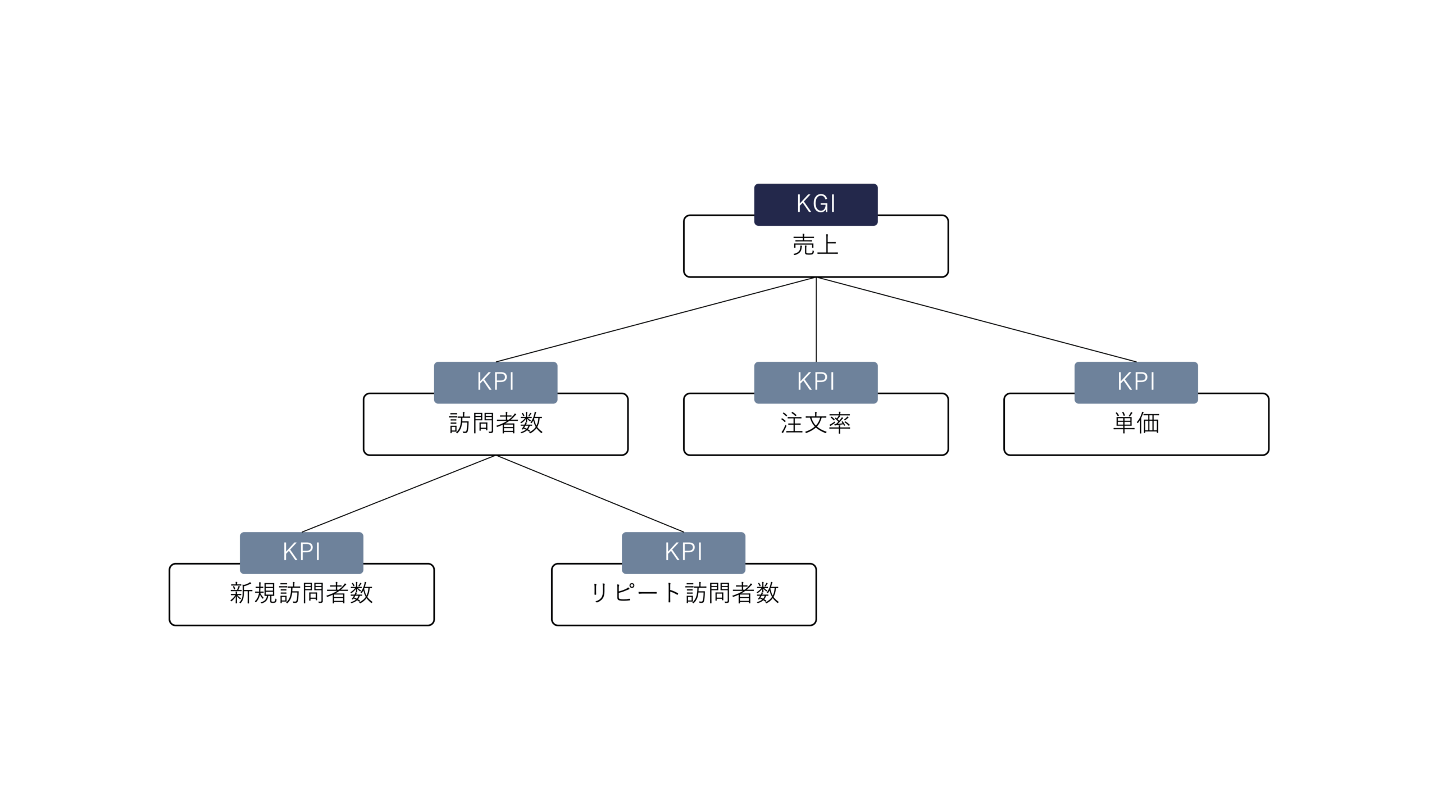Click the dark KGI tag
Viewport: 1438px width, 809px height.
pyautogui.click(x=816, y=204)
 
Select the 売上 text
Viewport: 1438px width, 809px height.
pyautogui.click(x=816, y=246)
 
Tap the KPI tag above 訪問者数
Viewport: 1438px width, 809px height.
pyautogui.click(x=495, y=382)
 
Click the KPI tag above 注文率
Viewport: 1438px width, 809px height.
pyautogui.click(x=816, y=382)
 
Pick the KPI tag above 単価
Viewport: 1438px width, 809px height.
pyautogui.click(x=1136, y=382)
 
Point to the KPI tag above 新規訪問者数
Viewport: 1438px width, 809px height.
pyautogui.click(x=302, y=552)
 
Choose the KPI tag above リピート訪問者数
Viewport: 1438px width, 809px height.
pyautogui.click(x=684, y=552)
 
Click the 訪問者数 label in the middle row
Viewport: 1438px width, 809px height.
pyautogui.click(x=495, y=424)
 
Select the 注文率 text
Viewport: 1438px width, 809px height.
pyautogui.click(x=816, y=424)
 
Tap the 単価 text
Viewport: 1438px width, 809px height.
pyautogui.click(x=1136, y=424)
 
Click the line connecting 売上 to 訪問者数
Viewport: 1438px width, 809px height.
pyautogui.click(x=656, y=319)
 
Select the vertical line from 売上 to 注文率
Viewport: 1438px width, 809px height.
pyautogui.click(x=816, y=319)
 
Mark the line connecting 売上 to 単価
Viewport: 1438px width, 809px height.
pyautogui.click(x=976, y=319)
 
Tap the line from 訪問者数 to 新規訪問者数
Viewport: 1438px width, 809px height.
pyautogui.click(x=399, y=493)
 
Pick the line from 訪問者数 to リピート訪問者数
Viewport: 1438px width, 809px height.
pyautogui.click(x=590, y=493)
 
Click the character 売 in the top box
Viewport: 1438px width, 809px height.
pyautogui.click(x=804, y=246)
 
